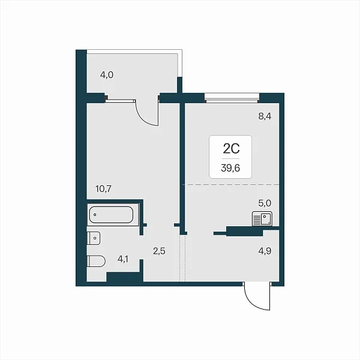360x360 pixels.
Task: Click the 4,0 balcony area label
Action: (x=107, y=75)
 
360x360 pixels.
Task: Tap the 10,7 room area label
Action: (x=104, y=189)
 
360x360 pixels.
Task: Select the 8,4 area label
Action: (x=265, y=116)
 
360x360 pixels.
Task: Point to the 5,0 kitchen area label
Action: (x=265, y=203)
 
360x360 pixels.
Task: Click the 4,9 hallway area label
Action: (x=265, y=251)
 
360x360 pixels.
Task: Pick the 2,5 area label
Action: (x=159, y=251)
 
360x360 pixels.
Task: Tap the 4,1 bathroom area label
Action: (x=123, y=259)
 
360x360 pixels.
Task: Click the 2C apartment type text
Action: (x=231, y=149)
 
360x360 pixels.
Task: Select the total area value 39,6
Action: (x=230, y=168)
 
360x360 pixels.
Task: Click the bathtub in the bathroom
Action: (x=111, y=215)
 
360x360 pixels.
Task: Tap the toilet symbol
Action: (x=96, y=261)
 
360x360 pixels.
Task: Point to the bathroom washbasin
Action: (x=94, y=238)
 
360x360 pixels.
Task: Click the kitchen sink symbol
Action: (x=262, y=219)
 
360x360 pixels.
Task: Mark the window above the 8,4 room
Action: (x=232, y=97)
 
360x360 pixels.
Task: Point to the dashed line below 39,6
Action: (x=231, y=184)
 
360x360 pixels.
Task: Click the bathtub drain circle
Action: (x=95, y=215)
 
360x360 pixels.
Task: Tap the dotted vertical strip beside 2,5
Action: (x=182, y=258)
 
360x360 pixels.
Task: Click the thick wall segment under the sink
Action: (x=245, y=231)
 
